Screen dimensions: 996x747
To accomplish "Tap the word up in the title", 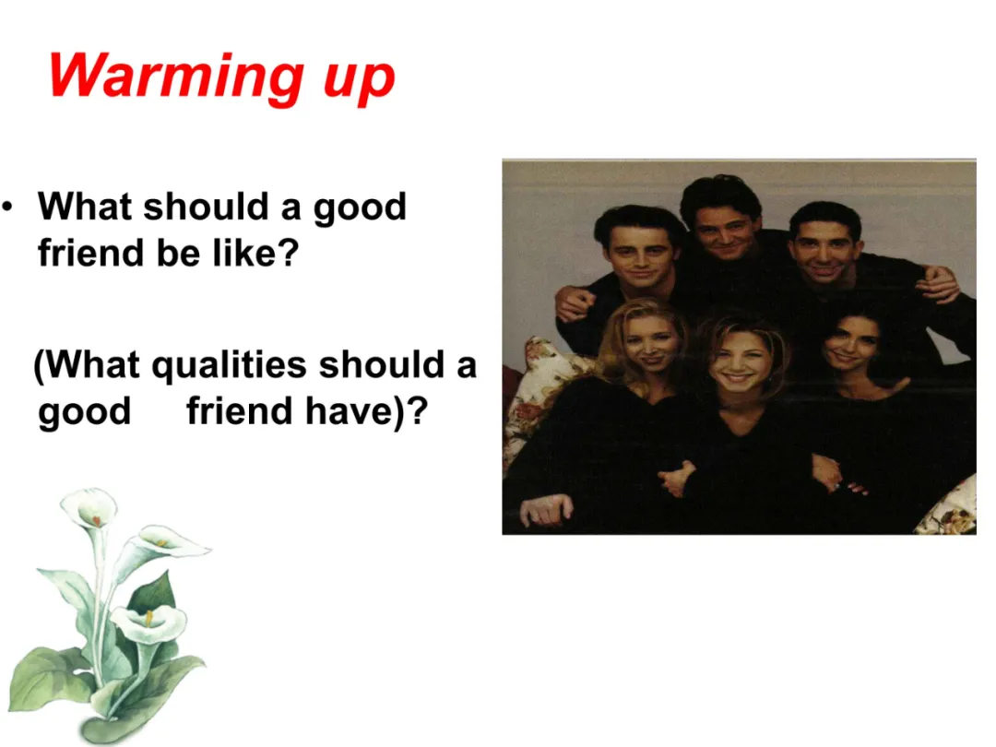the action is (x=360, y=80).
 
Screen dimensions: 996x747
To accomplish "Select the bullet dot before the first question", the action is (x=7, y=207).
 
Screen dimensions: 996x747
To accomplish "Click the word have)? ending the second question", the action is (x=367, y=411).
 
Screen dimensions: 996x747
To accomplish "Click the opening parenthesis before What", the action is (x=40, y=366).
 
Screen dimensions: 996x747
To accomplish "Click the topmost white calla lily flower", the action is (x=90, y=509).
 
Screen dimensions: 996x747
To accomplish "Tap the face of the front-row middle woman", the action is (x=740, y=357).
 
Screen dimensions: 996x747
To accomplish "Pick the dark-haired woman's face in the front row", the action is (x=849, y=343).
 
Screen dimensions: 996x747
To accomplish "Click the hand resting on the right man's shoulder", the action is (x=938, y=282).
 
